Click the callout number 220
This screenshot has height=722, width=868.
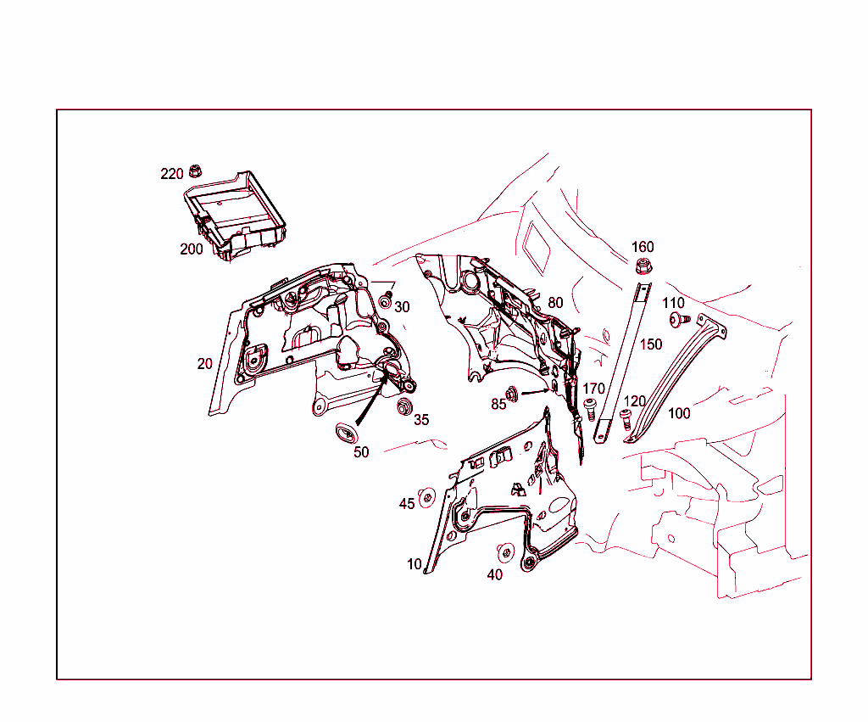[x=172, y=174]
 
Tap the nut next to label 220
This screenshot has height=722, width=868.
[x=195, y=171]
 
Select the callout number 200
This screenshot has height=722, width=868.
[x=191, y=249]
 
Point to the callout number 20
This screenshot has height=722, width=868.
[x=204, y=364]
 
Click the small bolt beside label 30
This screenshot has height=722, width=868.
[x=387, y=299]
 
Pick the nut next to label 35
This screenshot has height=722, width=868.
[x=404, y=406]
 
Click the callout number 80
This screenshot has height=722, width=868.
[x=555, y=303]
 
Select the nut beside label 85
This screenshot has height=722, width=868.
[x=513, y=394]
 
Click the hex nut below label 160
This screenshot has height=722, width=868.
[x=642, y=268]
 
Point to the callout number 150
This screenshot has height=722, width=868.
[x=651, y=345]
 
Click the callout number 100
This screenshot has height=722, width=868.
[x=679, y=414]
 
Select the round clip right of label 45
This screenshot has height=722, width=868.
[x=427, y=498]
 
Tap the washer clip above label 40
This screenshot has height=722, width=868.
[x=506, y=552]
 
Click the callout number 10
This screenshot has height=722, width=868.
[x=414, y=564]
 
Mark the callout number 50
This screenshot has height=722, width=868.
[x=361, y=452]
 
